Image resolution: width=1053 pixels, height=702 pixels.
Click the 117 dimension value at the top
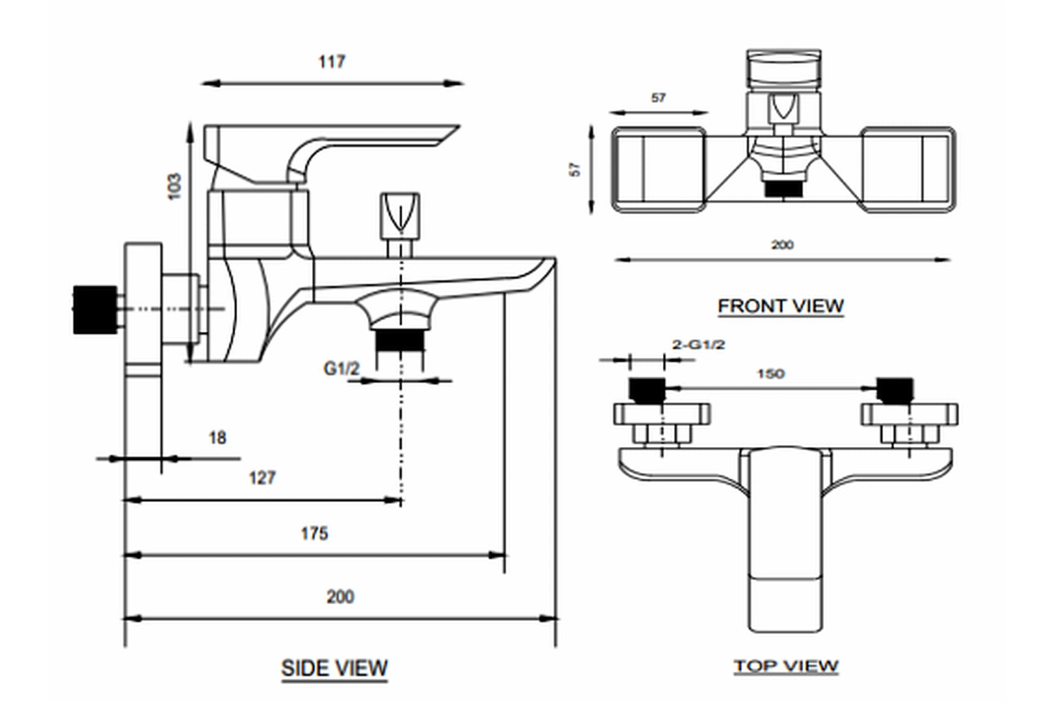click(x=331, y=62)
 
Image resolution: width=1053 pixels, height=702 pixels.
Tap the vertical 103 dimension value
click(x=175, y=186)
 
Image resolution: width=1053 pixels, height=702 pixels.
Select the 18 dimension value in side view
click(x=217, y=437)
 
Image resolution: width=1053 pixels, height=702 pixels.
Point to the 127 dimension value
click(x=262, y=478)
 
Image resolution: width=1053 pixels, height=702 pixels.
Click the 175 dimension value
click(x=314, y=533)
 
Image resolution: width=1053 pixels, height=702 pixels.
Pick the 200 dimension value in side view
click(x=340, y=596)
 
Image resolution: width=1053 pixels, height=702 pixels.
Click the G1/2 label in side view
click(x=341, y=369)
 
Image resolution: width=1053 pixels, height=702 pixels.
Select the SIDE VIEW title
click(x=335, y=668)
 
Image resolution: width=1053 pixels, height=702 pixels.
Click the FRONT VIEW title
click(x=780, y=306)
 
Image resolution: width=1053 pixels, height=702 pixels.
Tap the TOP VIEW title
click(x=786, y=666)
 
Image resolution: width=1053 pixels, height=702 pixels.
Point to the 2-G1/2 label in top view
click(x=698, y=345)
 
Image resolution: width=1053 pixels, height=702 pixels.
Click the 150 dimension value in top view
click(x=771, y=374)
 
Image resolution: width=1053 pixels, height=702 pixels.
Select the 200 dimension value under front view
click(x=782, y=245)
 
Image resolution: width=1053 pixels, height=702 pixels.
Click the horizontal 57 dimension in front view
click(x=658, y=98)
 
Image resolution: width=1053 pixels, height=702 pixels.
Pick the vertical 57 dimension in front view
click(x=575, y=169)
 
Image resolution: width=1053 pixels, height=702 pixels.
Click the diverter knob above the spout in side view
click(x=399, y=215)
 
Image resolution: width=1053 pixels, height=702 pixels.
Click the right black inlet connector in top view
click(x=895, y=389)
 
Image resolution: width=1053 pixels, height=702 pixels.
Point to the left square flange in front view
click(x=658, y=169)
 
